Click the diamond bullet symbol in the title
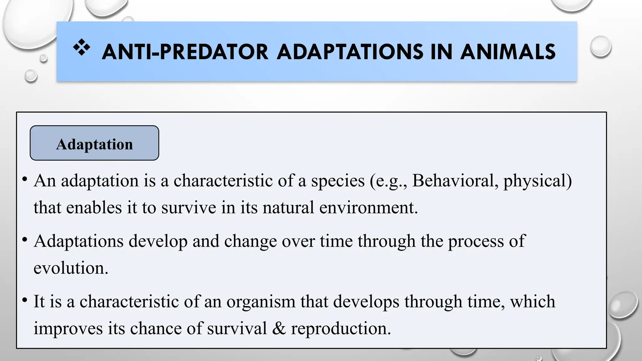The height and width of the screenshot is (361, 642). [x=82, y=48]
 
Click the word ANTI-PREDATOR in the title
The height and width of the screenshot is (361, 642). [x=185, y=52]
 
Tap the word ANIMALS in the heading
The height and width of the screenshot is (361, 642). [x=508, y=52]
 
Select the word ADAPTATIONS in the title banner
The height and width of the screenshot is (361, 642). [x=350, y=52]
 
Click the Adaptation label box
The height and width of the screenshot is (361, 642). [x=94, y=143]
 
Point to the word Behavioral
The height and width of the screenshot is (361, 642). [x=453, y=181]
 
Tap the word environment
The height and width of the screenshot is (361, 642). [x=369, y=208]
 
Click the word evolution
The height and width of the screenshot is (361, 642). [x=71, y=268]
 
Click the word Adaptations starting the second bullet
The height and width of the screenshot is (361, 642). [x=79, y=241]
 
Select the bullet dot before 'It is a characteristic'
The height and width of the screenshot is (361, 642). [x=24, y=300]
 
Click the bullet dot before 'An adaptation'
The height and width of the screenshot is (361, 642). [x=24, y=180]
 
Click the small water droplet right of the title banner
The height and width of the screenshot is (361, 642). [x=600, y=46]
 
